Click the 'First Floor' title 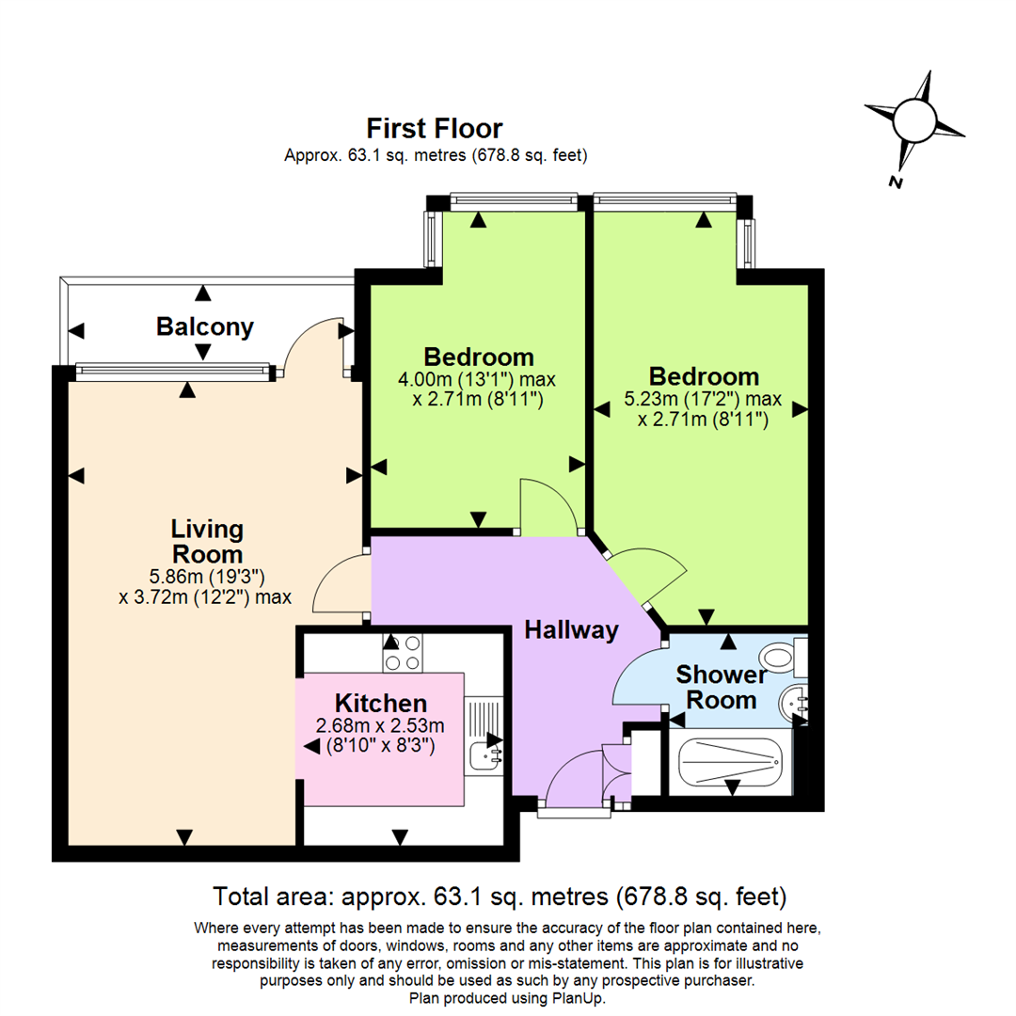click(x=435, y=128)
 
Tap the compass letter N click(x=897, y=182)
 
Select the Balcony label click(x=205, y=327)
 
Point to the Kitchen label click(x=381, y=703)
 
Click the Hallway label click(x=571, y=630)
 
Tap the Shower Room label click(x=716, y=688)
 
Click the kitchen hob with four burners click(x=403, y=652)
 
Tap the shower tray click(x=730, y=762)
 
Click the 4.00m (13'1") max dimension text click(x=478, y=381)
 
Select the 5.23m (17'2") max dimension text click(x=705, y=401)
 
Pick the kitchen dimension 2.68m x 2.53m click(x=381, y=725)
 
